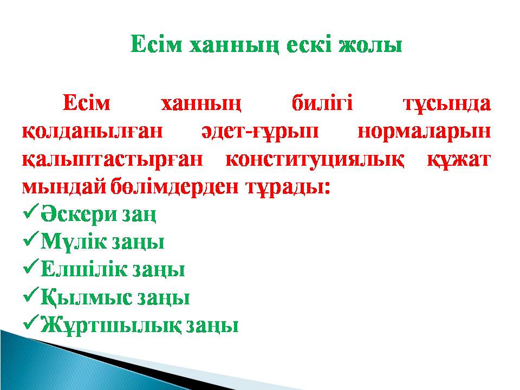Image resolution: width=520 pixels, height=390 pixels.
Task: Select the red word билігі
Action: click(x=322, y=103)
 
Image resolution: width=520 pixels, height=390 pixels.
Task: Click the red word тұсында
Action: click(x=447, y=105)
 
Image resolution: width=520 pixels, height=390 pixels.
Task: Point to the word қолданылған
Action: click(x=93, y=132)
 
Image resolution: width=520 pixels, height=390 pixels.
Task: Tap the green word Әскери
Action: click(x=79, y=215)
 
